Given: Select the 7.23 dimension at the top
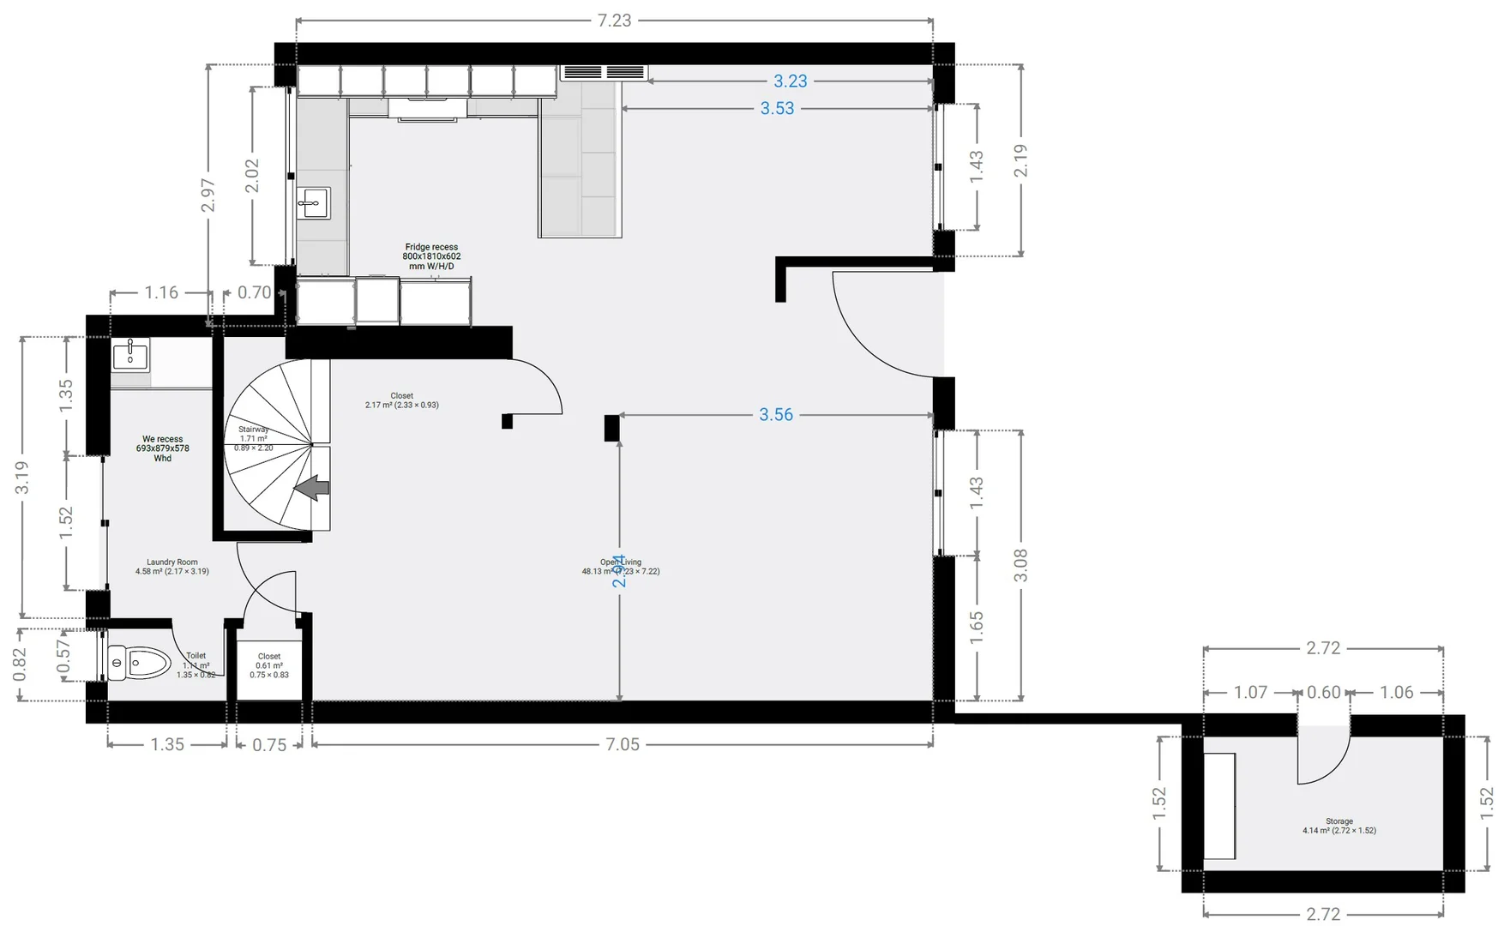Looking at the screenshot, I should pos(614,21).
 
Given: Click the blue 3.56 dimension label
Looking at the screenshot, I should pos(776,415).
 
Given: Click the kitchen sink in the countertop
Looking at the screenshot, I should pos(313,203).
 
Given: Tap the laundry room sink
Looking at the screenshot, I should pos(130,353).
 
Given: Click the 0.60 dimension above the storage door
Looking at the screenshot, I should pos(1323,693).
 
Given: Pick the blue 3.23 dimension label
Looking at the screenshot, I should pos(790,81).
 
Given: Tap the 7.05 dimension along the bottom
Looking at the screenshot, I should pos(623,744).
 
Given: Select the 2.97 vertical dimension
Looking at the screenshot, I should pos(208,195).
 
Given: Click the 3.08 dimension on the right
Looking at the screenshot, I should pos(1020,565).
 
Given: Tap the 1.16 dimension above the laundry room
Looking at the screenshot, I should pos(161,293).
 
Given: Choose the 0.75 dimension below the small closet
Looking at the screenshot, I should pos(269,745).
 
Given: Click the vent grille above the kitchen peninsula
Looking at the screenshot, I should pos(604,72).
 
